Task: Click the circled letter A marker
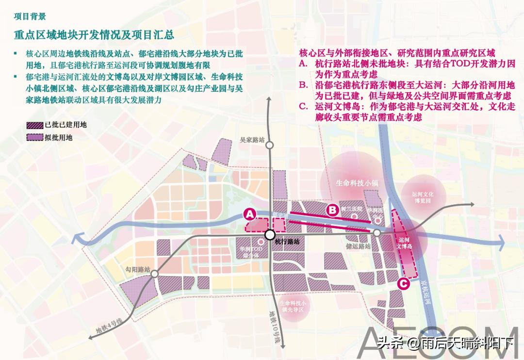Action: [x=249, y=213]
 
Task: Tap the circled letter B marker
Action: [x=332, y=210]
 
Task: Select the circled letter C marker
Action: [x=402, y=284]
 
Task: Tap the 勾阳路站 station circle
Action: [x=154, y=274]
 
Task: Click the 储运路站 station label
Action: [x=359, y=246]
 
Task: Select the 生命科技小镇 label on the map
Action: [x=357, y=183]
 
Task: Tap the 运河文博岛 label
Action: [x=404, y=243]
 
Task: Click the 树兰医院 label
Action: [x=352, y=209]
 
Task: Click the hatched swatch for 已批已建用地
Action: [x=34, y=125]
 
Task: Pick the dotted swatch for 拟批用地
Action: [x=34, y=137]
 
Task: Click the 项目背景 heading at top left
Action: [x=30, y=16]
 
